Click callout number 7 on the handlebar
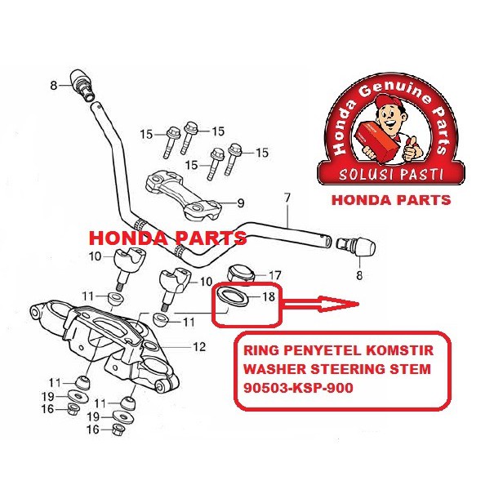coord(286,198)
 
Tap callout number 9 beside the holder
coord(240,203)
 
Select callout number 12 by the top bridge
coord(199,347)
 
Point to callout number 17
coord(275,274)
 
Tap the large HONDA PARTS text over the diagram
coord(167,239)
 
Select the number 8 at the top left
coord(54,85)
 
